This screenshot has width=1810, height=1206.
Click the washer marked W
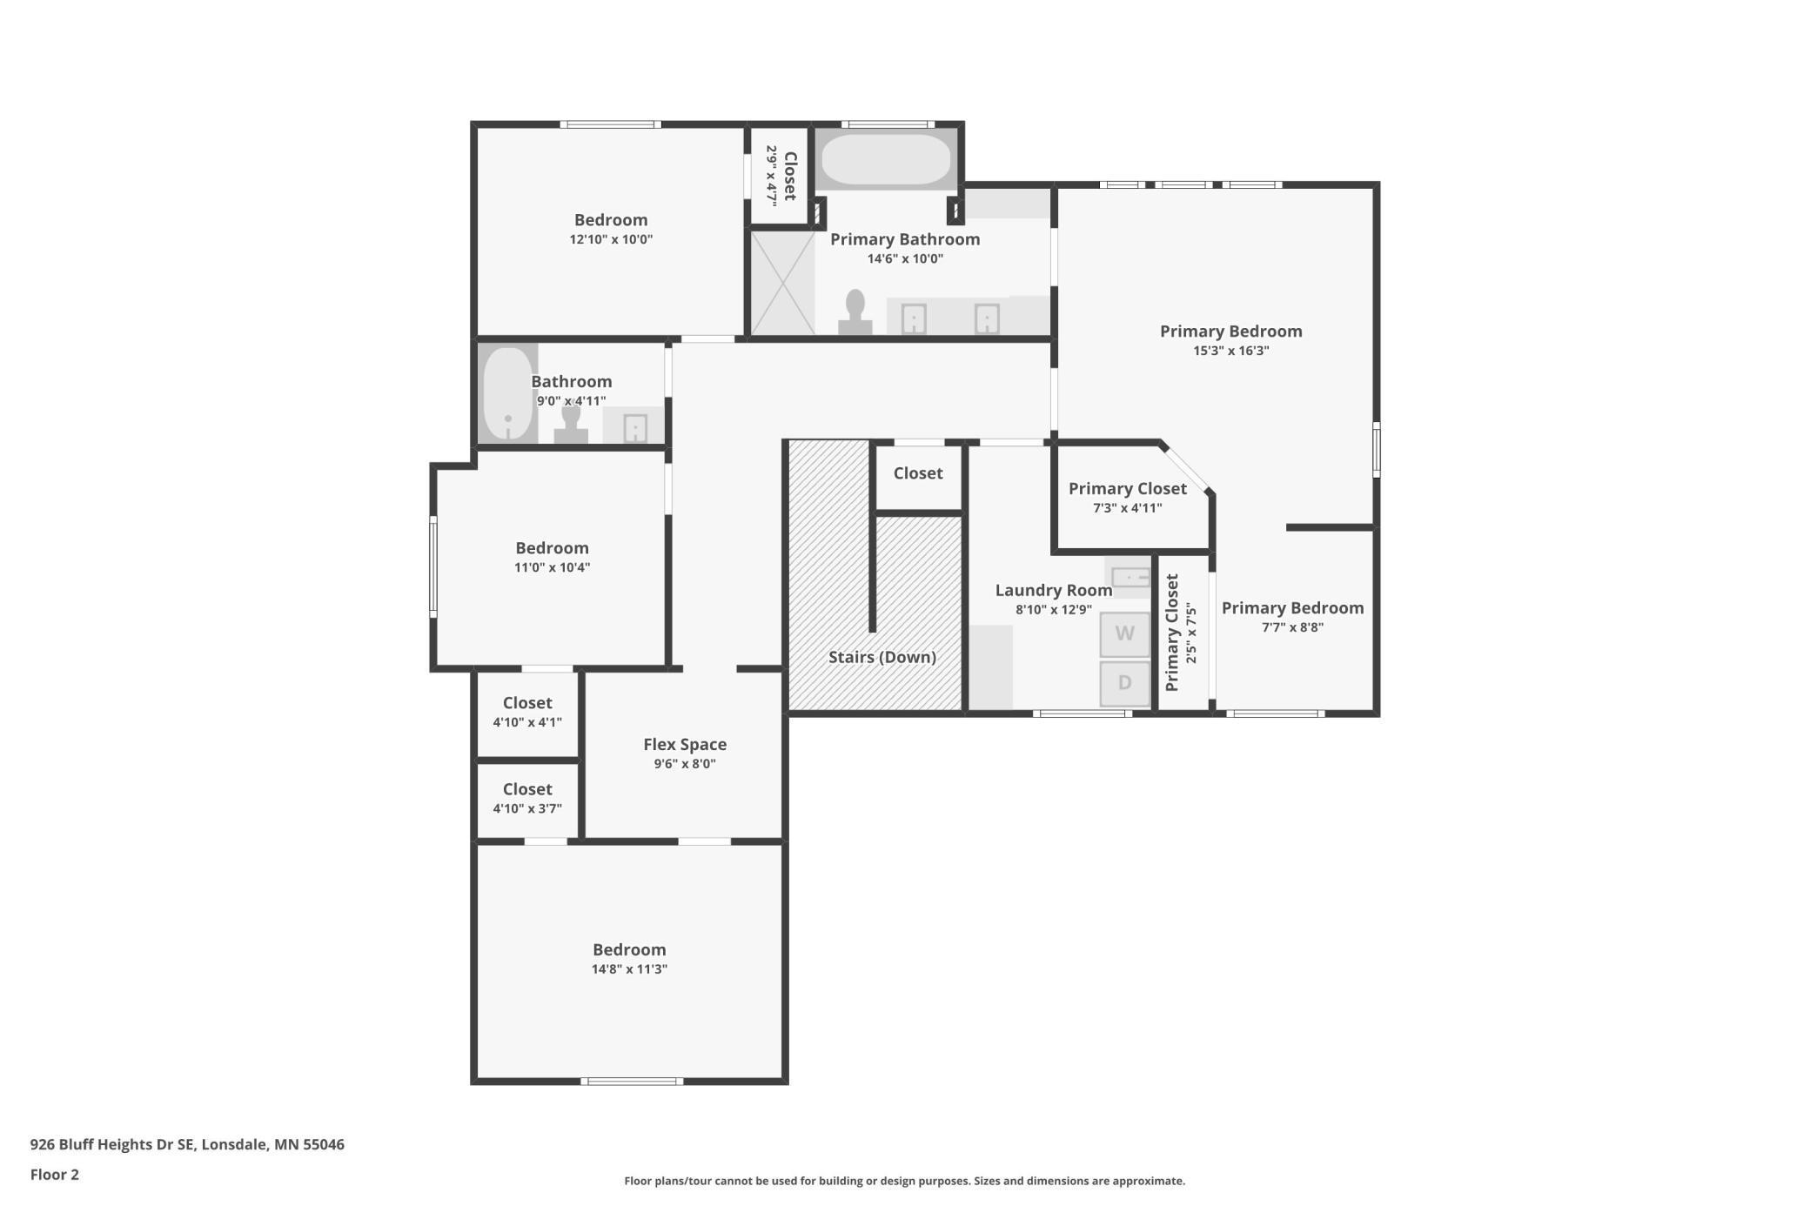[1124, 633]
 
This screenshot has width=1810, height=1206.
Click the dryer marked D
[1124, 683]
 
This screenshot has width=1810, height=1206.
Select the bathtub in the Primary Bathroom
[886, 158]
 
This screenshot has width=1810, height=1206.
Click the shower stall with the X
[782, 283]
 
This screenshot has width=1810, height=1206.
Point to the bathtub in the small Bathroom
[508, 393]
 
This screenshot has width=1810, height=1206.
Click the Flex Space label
[685, 745]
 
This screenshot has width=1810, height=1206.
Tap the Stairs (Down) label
[882, 657]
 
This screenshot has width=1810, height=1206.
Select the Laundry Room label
[1053, 590]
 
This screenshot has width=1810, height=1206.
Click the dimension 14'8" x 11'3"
[629, 969]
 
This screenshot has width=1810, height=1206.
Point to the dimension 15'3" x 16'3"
[1230, 351]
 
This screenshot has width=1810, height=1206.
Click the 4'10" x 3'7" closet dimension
[527, 809]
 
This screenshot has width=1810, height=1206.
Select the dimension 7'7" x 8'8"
[1292, 627]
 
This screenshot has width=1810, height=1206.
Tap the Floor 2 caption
[55, 1175]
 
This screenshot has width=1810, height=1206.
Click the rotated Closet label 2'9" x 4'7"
[781, 176]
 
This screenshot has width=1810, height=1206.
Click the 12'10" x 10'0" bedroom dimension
[611, 239]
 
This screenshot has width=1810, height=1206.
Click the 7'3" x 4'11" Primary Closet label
[1127, 498]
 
